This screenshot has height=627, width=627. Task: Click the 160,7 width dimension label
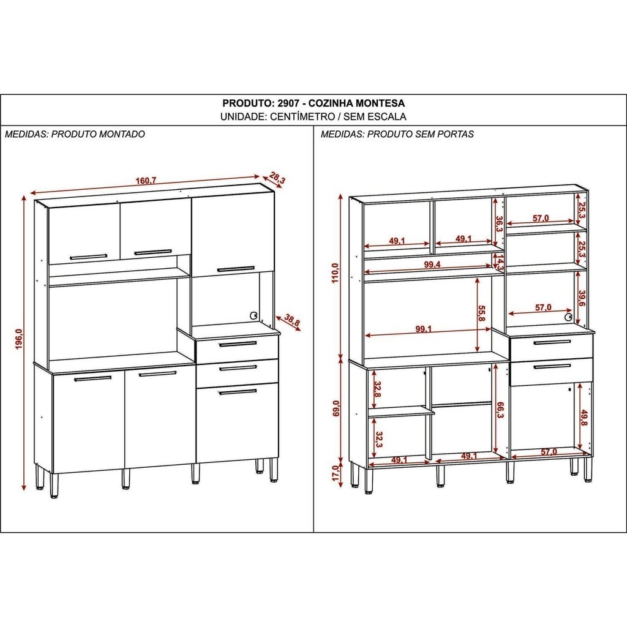146,181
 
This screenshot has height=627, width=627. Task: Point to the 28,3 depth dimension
277,178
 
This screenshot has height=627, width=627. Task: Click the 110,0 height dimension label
335,273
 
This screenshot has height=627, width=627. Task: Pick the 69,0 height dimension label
336,408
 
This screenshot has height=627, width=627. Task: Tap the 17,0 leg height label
336,473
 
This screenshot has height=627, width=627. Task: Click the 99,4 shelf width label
432,265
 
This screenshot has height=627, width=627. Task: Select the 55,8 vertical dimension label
481,313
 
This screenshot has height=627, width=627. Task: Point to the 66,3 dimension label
500,410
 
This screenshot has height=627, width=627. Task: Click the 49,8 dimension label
584,418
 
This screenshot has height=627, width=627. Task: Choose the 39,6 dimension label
582,298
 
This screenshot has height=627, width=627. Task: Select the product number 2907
288,103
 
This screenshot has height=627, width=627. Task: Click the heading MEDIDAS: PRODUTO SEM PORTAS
397,134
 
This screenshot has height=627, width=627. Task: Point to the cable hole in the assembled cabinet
253,315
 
